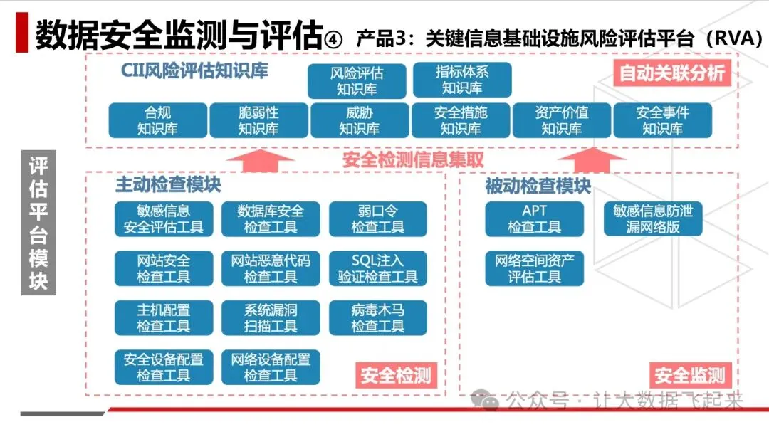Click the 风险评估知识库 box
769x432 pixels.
(x=357, y=81)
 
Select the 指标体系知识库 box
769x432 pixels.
(x=462, y=80)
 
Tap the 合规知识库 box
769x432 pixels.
(x=157, y=120)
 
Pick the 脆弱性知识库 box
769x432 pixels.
(x=258, y=120)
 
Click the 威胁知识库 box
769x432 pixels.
(x=360, y=120)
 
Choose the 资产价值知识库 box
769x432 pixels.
(x=562, y=120)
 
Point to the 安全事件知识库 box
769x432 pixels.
(x=663, y=120)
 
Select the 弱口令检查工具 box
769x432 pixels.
(x=377, y=219)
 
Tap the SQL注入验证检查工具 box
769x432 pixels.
(x=377, y=268)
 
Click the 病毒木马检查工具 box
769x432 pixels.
(x=377, y=318)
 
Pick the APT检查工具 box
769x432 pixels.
(x=534, y=219)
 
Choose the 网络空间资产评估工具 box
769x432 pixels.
(x=534, y=268)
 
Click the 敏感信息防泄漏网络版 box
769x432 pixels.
(x=652, y=219)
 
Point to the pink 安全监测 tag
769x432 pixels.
(x=690, y=374)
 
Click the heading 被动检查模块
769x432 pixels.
(x=538, y=186)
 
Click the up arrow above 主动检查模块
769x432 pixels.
(x=258, y=161)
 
